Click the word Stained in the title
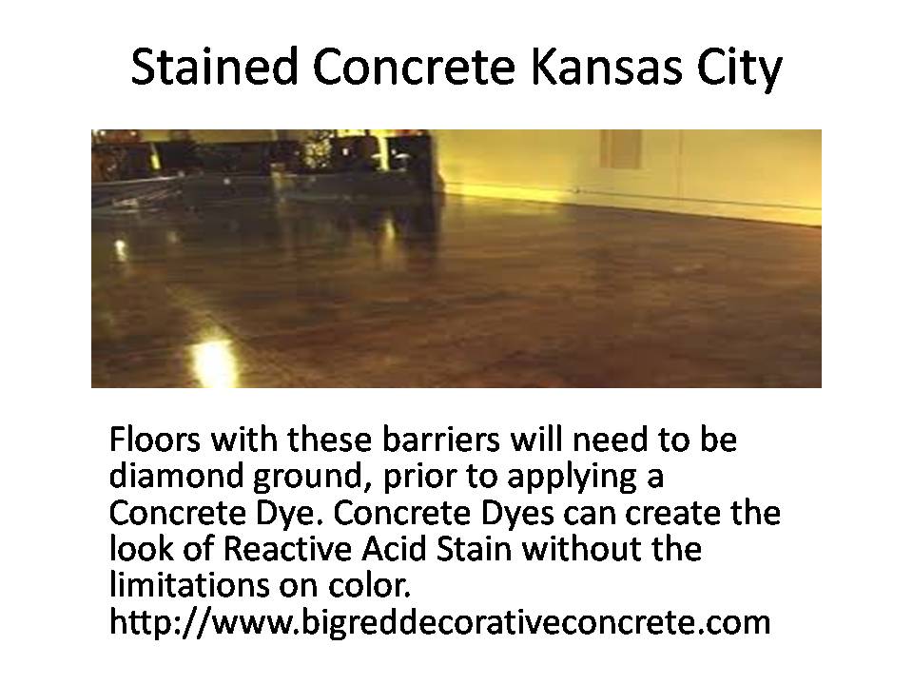click(214, 67)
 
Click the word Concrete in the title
click(414, 67)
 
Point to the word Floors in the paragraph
click(154, 440)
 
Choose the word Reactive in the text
click(287, 549)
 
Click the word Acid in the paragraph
click(394, 549)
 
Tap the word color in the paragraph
click(369, 585)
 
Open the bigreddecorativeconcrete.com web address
click(439, 622)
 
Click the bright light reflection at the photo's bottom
click(213, 362)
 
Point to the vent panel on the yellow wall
click(622, 148)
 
